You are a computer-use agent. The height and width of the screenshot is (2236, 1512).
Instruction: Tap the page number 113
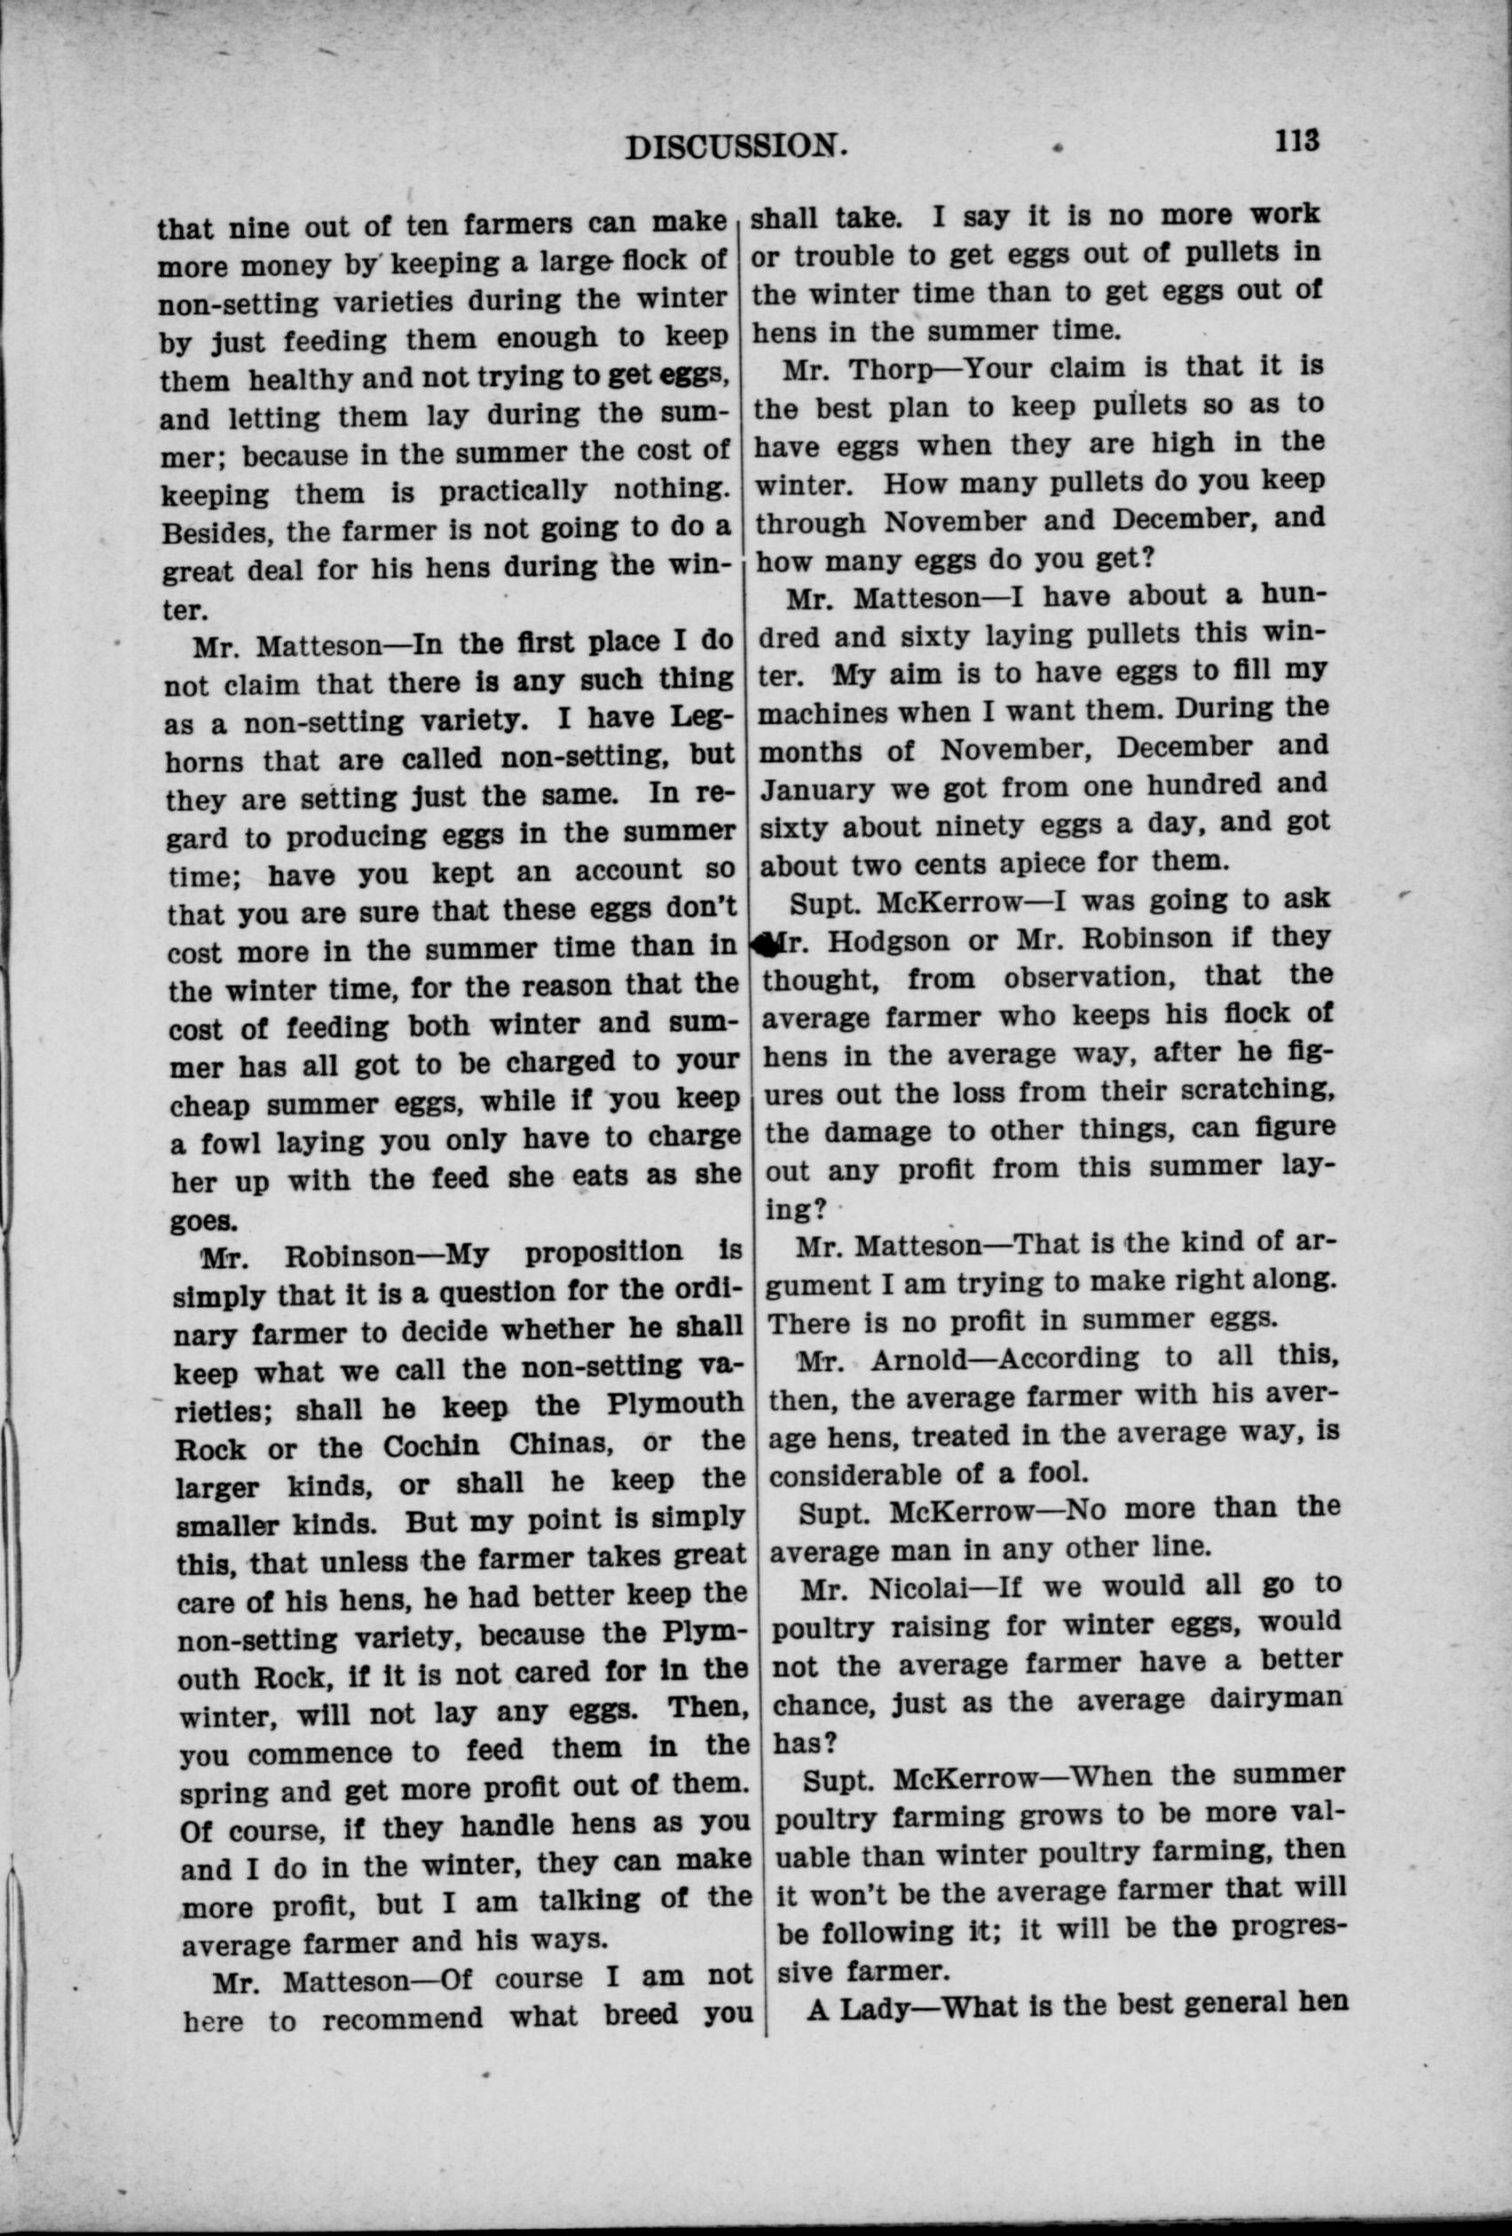tap(1296, 140)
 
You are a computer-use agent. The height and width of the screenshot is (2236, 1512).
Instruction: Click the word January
tap(819, 789)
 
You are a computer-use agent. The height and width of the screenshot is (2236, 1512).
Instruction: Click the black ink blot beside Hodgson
tap(765, 945)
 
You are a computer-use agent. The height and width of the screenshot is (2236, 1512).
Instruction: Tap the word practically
tap(512, 491)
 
